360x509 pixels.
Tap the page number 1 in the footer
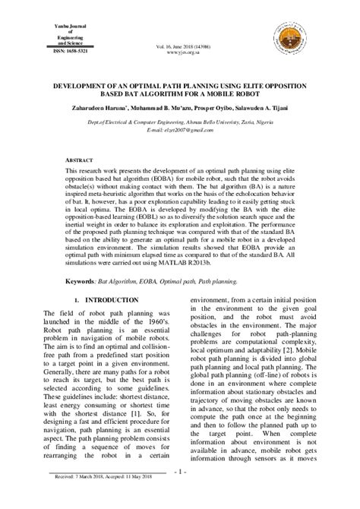point(179,493)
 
